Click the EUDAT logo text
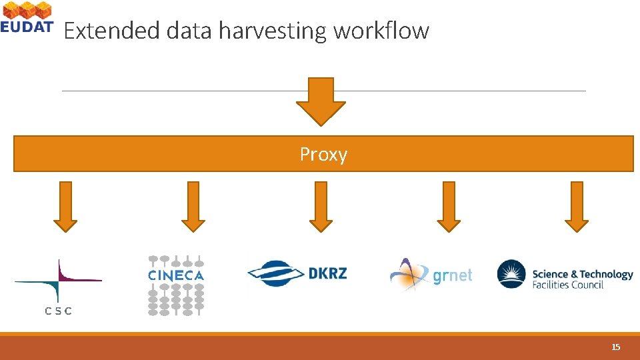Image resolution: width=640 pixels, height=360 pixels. pyautogui.click(x=27, y=27)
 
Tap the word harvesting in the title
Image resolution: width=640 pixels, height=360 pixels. pyautogui.click(x=272, y=31)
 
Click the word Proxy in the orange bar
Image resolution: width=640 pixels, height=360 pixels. pyautogui.click(x=323, y=155)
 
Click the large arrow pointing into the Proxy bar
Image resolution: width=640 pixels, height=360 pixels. pyautogui.click(x=321, y=102)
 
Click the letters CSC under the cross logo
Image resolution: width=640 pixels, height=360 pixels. pyautogui.click(x=58, y=311)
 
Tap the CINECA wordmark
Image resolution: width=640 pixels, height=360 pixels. pyautogui.click(x=176, y=275)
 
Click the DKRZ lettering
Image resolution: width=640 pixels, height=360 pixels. pyautogui.click(x=327, y=273)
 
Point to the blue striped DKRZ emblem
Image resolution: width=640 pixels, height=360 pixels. pyautogui.click(x=276, y=273)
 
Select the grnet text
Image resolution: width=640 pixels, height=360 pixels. pyautogui.click(x=453, y=275)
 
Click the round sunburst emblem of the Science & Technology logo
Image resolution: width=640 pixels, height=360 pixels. pyautogui.click(x=512, y=275)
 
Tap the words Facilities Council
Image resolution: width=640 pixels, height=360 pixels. pyautogui.click(x=567, y=285)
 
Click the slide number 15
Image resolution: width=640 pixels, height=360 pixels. pyautogui.click(x=616, y=347)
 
